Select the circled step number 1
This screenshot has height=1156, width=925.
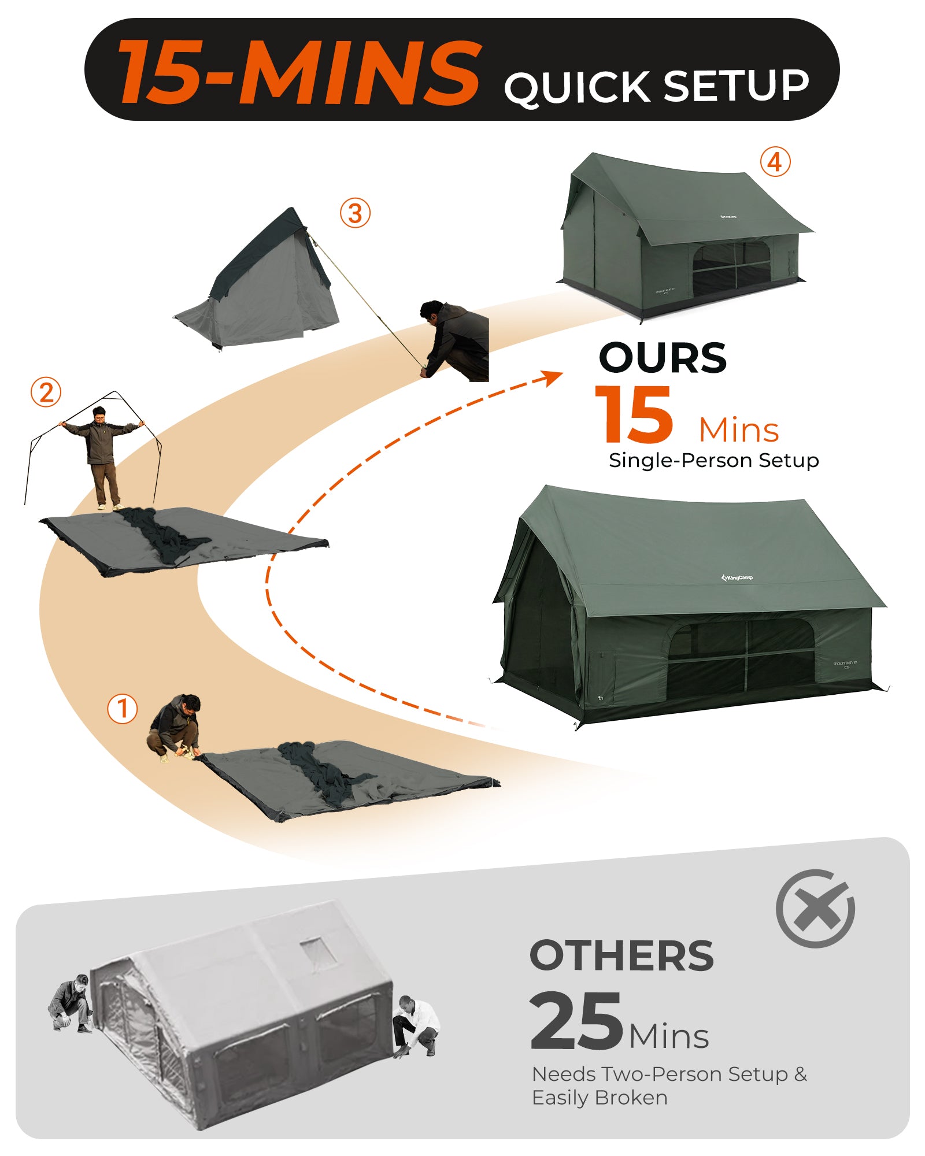coord(123,709)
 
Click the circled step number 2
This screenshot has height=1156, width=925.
coord(46,392)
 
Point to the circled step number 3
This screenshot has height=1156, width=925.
coord(355,213)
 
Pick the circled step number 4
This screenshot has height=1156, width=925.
coord(775,162)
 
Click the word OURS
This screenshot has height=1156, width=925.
coord(663,358)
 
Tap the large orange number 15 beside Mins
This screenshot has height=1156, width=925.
coord(634,415)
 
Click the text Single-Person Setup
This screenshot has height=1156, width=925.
coord(713,461)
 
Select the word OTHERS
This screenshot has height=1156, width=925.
coord(621,955)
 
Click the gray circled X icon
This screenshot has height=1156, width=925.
coord(815,908)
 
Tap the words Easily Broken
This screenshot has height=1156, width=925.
coord(600,1098)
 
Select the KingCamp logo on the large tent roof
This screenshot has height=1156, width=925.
coord(737,577)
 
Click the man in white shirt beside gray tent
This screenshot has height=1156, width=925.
coord(416,1026)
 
